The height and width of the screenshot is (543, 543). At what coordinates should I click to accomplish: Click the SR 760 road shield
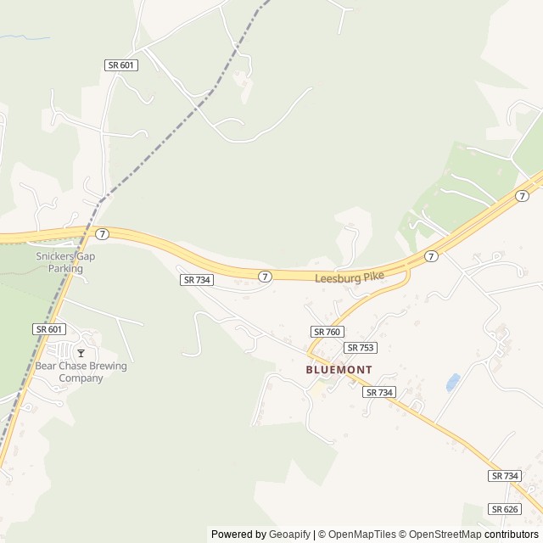pyautogui.click(x=327, y=332)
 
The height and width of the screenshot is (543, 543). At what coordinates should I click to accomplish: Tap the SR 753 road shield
pyautogui.click(x=361, y=348)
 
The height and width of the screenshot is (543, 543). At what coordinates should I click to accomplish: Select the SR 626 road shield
pyautogui.click(x=505, y=509)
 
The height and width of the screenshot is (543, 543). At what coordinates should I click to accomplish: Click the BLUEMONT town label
pyautogui.click(x=339, y=370)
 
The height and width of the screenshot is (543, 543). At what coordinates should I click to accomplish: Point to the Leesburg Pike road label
pyautogui.click(x=350, y=277)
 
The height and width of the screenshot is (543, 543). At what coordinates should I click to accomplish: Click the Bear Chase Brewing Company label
pyautogui.click(x=81, y=372)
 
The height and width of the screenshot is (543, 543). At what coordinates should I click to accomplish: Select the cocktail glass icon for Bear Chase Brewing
pyautogui.click(x=81, y=353)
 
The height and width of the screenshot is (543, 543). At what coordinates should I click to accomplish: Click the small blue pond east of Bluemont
pyautogui.click(x=453, y=383)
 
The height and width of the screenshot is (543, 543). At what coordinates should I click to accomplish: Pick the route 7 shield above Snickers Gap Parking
pyautogui.click(x=102, y=233)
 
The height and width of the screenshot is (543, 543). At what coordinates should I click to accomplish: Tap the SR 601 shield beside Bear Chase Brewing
pyautogui.click(x=49, y=329)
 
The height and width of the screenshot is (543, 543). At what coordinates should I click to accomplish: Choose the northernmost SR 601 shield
pyautogui.click(x=121, y=65)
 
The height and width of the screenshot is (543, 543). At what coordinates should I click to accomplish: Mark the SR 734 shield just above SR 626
pyautogui.click(x=505, y=477)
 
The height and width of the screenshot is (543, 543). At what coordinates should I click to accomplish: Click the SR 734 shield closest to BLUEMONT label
pyautogui.click(x=379, y=392)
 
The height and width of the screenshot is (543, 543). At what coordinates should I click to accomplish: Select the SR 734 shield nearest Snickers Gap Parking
pyautogui.click(x=196, y=280)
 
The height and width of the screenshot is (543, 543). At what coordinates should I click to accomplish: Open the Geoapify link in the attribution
pyautogui.click(x=289, y=535)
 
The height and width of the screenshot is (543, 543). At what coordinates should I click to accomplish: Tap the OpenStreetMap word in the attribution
pyautogui.click(x=441, y=535)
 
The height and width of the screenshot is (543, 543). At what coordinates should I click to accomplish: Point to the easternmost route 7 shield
pyautogui.click(x=523, y=196)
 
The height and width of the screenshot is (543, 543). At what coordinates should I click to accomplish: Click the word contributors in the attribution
pyautogui.click(x=512, y=535)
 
